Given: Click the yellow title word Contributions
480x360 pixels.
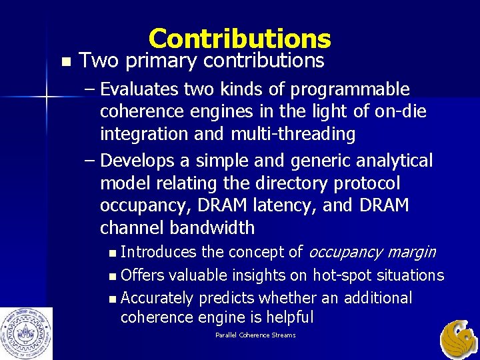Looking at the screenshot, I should [240, 39].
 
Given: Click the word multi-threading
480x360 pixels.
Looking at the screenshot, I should [293, 134].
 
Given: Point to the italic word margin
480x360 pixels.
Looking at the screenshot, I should [413, 253].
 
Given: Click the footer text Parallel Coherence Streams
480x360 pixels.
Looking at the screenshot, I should [255, 335].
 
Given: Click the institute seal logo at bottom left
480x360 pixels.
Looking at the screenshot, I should [26, 333].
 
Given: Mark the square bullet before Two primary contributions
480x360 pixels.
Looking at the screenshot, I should [64, 62].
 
